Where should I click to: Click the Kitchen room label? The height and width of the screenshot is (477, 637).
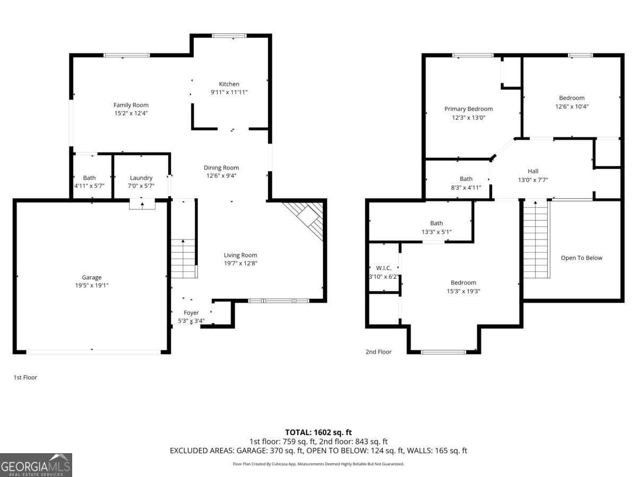pyautogui.click(x=229, y=84)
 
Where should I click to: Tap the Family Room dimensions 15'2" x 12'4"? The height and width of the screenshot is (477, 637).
pyautogui.click(x=131, y=112)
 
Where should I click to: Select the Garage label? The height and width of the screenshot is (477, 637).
pyautogui.click(x=91, y=277)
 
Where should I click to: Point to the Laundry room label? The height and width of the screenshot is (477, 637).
pyautogui.click(x=141, y=178)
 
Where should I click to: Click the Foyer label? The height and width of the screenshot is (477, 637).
pyautogui.click(x=191, y=313)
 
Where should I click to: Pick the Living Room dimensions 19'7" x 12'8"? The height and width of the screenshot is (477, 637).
pyautogui.click(x=240, y=263)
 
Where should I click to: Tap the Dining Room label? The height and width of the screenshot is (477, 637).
pyautogui.click(x=221, y=167)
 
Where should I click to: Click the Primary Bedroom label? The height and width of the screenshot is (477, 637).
pyautogui.click(x=468, y=109)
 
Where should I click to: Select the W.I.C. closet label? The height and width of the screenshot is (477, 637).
pyautogui.click(x=383, y=268)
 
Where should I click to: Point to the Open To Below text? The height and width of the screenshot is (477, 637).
pyautogui.click(x=582, y=258)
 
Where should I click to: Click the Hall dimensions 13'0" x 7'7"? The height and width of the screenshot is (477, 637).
pyautogui.click(x=532, y=180)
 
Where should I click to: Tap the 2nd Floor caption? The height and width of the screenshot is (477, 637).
pyautogui.click(x=378, y=351)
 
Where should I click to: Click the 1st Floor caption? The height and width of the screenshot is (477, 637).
pyautogui.click(x=25, y=377)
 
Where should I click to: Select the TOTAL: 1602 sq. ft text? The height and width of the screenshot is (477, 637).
pyautogui.click(x=318, y=432)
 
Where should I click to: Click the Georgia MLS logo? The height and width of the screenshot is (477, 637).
pyautogui.click(x=36, y=465)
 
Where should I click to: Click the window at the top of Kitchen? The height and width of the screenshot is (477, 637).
pyautogui.click(x=229, y=36)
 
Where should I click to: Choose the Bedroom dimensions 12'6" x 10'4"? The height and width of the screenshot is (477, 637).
pyautogui.click(x=571, y=106)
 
